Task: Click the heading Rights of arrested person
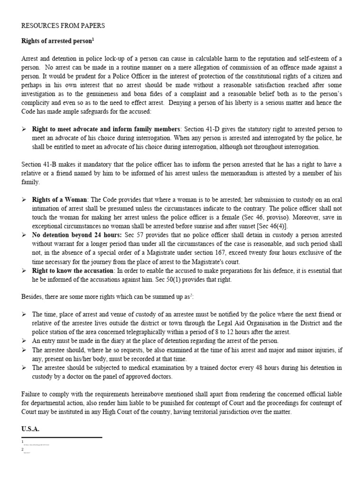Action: coord(56,41)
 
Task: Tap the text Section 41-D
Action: coord(200,129)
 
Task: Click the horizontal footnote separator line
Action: coord(62,437)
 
